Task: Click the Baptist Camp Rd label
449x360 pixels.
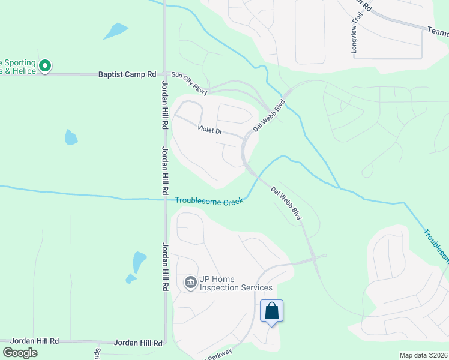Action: pyautogui.click(x=127, y=74)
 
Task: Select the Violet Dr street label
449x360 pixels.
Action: pyautogui.click(x=210, y=130)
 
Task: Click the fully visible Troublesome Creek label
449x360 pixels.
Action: pyautogui.click(x=209, y=201)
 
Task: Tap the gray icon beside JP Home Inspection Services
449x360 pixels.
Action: pyautogui.click(x=191, y=281)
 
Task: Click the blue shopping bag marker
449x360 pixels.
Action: pyautogui.click(x=271, y=311)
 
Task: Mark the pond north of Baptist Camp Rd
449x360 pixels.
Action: pyautogui.click(x=115, y=31)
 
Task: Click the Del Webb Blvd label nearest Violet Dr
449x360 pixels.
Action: pyautogui.click(x=268, y=116)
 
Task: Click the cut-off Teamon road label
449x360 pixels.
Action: pyautogui.click(x=438, y=30)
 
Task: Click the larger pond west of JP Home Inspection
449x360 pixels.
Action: pyautogui.click(x=139, y=260)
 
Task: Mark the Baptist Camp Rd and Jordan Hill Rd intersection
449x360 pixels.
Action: pyautogui.click(x=164, y=74)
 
